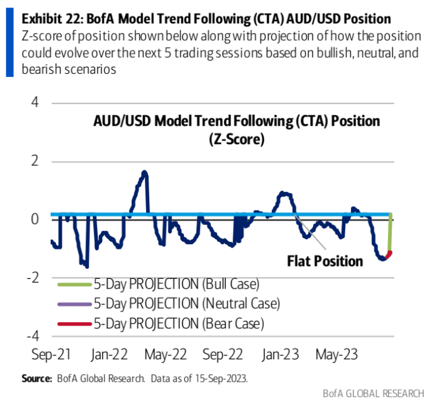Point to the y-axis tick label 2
tap(35, 161)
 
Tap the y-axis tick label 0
tap(35, 219)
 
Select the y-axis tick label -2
tap(32, 278)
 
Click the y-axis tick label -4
tap(32, 336)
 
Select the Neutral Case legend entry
tap(186, 304)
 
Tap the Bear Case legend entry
tap(178, 323)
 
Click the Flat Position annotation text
tap(325, 261)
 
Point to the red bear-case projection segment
tap(388, 254)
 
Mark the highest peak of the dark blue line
tap(144, 172)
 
